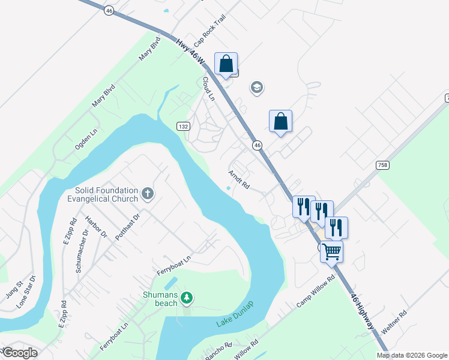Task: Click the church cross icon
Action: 148,194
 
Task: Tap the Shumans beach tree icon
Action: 187,296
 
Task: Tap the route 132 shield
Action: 183,126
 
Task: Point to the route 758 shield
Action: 382,164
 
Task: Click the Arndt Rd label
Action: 238,179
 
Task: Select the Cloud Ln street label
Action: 208,89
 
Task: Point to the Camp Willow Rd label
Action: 315,293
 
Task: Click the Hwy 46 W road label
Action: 191,53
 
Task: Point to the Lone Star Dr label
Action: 26,292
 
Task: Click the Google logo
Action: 20,353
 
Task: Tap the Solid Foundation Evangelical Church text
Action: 102,194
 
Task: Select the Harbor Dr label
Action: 95,227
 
